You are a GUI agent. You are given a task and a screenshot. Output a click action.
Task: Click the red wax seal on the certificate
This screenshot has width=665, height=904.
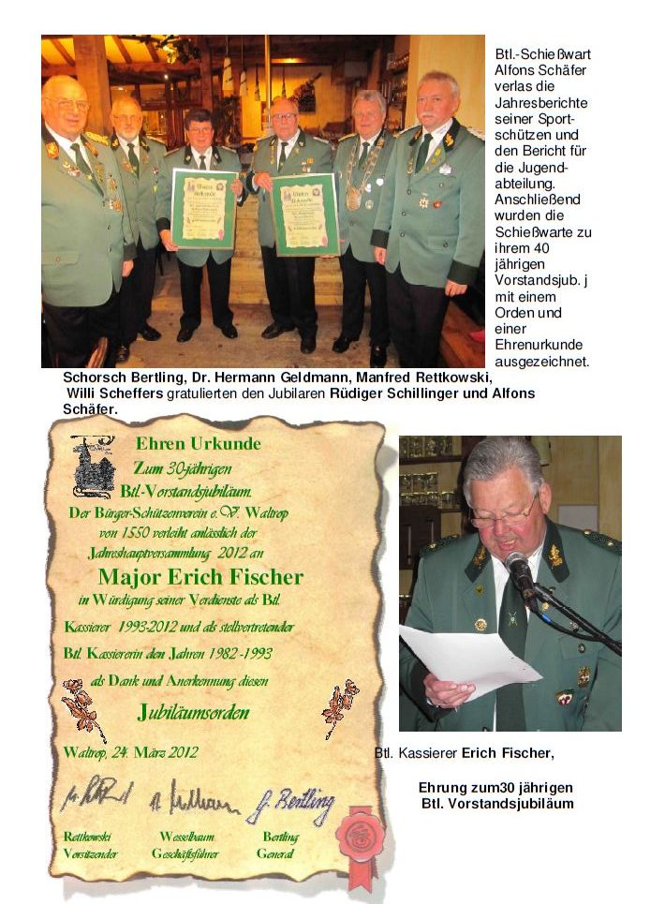[361, 833]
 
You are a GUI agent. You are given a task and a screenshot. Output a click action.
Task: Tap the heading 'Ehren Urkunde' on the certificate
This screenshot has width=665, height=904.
[198, 443]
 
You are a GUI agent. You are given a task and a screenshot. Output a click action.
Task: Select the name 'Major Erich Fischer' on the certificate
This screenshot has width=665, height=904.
[200, 574]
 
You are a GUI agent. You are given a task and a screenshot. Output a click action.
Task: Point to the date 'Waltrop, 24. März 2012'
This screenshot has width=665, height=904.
[130, 751]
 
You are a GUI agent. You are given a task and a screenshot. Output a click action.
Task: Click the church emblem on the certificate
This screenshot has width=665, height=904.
[95, 466]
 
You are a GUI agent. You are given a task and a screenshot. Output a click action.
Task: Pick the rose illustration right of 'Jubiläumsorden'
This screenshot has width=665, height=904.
[339, 707]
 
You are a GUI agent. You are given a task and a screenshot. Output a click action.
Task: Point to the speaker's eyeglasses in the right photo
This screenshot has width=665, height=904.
[503, 512]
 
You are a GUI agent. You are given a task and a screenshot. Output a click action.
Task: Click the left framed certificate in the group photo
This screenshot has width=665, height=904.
[203, 207]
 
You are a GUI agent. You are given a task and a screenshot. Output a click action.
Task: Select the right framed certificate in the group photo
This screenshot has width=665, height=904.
[305, 215]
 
